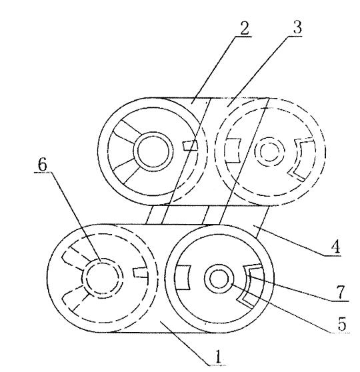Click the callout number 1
(x=218, y=357)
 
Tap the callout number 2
(x=244, y=28)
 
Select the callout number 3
(x=297, y=27)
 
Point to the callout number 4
(x=336, y=247)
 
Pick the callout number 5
(x=342, y=324)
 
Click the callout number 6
(x=43, y=165)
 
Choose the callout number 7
(x=341, y=292)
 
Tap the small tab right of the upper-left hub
(x=190, y=145)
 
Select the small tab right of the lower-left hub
(x=141, y=273)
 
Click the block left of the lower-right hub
(x=183, y=277)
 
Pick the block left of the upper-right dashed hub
(x=233, y=151)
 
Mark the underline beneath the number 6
(x=42, y=173)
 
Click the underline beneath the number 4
(x=333, y=255)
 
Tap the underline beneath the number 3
(x=294, y=36)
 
